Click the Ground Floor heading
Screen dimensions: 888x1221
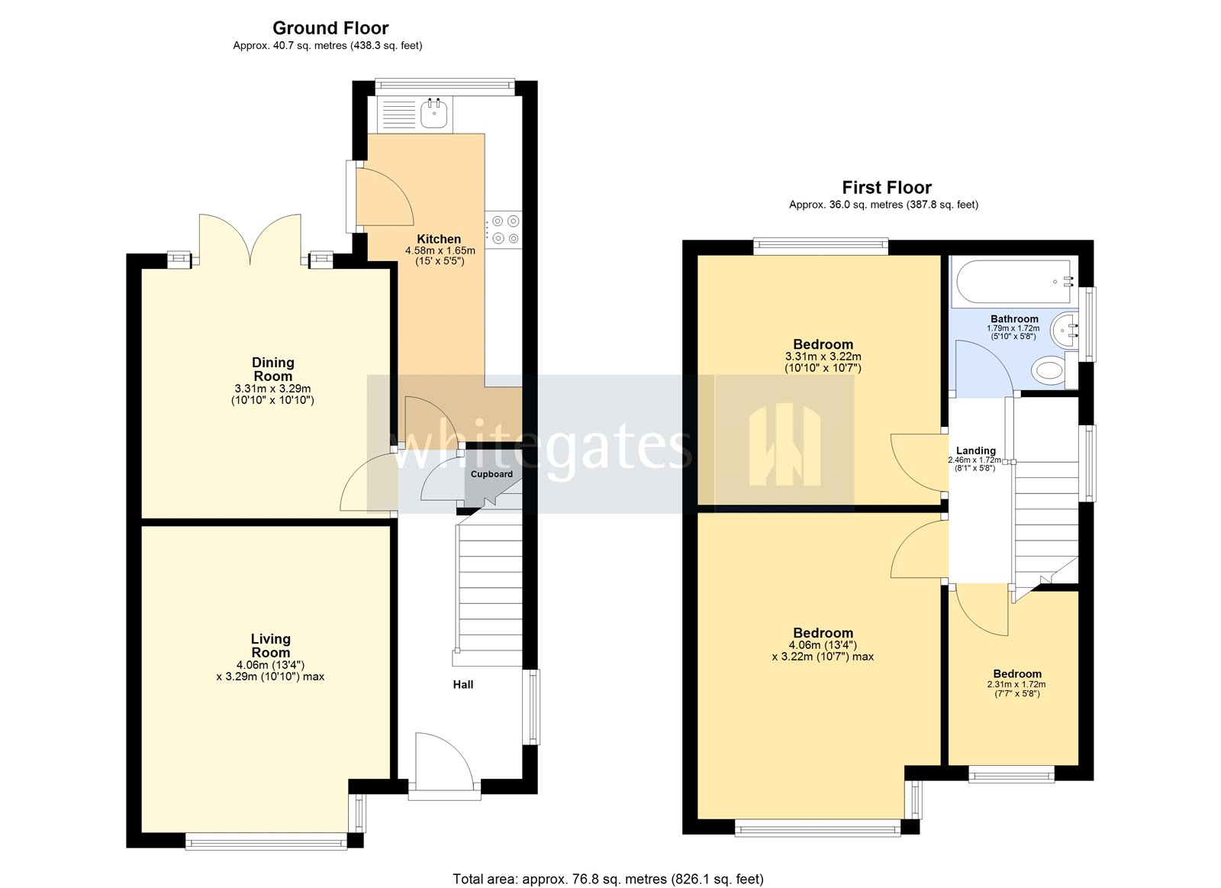click(x=330, y=28)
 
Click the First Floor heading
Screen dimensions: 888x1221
click(x=887, y=187)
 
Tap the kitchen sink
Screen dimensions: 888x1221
click(x=434, y=115)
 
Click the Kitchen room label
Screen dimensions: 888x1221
click(x=439, y=239)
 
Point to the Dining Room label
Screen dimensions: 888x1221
click(x=272, y=370)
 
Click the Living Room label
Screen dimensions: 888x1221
click(x=271, y=646)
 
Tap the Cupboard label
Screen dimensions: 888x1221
click(x=491, y=474)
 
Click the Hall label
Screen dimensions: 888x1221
click(x=463, y=685)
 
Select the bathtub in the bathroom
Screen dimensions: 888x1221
click(x=1013, y=282)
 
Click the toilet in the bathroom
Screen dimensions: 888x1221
click(x=1049, y=371)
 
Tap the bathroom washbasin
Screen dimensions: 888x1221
click(x=1065, y=331)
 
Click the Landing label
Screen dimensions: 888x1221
click(x=976, y=450)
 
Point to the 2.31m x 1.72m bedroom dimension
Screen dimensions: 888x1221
click(x=1016, y=685)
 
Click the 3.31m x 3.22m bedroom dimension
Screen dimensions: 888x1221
click(x=823, y=357)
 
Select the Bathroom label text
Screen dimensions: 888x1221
click(x=1014, y=319)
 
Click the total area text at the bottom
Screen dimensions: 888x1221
click(x=608, y=879)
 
